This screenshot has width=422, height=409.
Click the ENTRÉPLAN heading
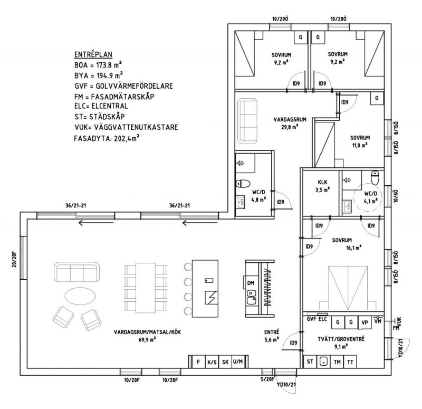point(93,54)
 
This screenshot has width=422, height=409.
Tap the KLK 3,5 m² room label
point(322,186)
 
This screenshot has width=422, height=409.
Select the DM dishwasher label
point(251,283)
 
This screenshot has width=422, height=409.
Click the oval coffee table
point(80,296)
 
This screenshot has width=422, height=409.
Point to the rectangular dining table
point(146,288)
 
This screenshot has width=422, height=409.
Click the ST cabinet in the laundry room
point(310,362)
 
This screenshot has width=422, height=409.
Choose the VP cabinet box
point(365,322)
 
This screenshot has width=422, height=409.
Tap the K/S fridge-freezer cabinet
point(212,362)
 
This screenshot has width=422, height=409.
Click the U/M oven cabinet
point(238,362)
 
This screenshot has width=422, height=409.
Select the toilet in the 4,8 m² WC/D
point(243,184)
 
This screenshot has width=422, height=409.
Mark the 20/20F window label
point(14,259)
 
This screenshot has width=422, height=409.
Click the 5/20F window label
point(267,379)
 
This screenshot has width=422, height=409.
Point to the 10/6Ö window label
point(395,196)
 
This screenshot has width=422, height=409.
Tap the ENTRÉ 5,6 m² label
point(271,336)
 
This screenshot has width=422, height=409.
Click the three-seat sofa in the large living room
point(76,272)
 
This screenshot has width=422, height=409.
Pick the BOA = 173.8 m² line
point(98,65)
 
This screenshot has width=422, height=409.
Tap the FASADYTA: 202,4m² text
point(107,138)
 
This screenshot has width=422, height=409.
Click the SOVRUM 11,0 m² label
point(360,141)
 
